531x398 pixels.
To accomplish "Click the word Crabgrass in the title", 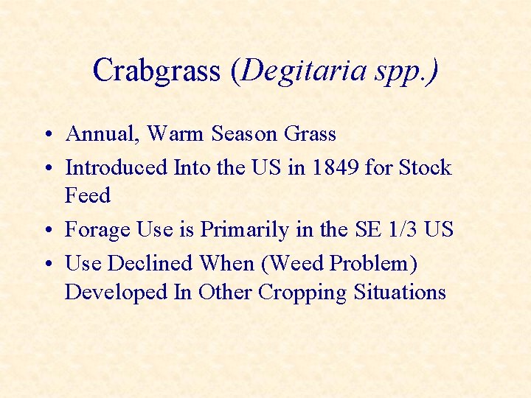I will click(156, 71).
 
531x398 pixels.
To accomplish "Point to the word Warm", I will click(176, 134).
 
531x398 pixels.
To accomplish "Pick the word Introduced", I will click(117, 167).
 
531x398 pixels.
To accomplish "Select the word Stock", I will click(425, 167).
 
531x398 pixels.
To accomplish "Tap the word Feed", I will click(87, 196).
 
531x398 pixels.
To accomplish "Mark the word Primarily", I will click(246, 230).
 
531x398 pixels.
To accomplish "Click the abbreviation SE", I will click(367, 230).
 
